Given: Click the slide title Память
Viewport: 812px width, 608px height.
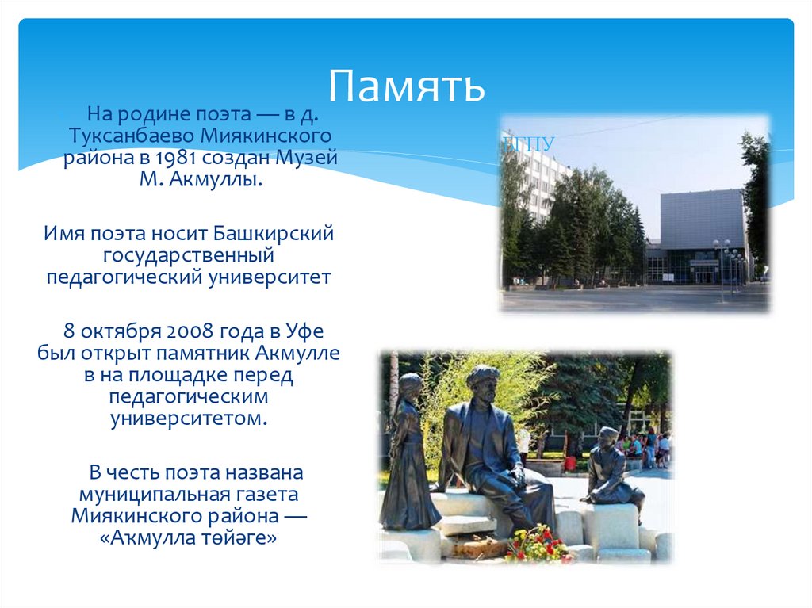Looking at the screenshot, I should point(406,86).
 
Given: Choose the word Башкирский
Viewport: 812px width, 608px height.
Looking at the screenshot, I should point(274,234).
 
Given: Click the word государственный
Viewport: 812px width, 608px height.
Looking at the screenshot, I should point(188,256).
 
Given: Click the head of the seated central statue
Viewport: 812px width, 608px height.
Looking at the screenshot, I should point(482,380).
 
